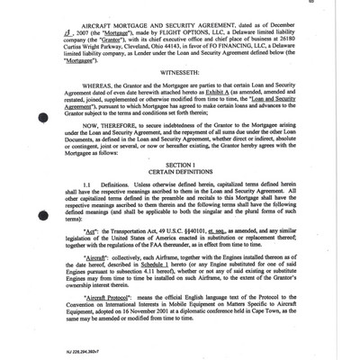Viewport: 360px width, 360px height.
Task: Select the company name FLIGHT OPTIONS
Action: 193,33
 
